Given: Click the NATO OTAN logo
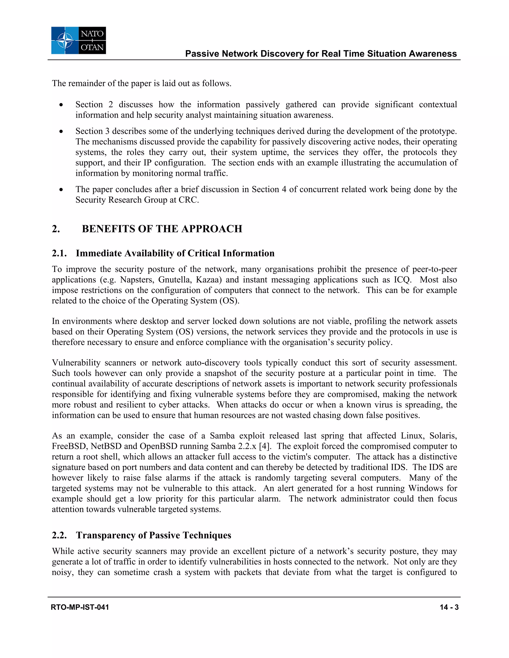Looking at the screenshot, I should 78,40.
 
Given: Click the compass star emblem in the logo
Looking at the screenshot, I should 65,41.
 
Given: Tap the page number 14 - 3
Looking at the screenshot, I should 449,607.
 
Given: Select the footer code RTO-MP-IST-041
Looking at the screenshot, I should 80,607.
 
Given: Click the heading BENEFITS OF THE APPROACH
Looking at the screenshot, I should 162,229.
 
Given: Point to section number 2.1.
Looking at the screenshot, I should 59,253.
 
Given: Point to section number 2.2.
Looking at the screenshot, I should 59,535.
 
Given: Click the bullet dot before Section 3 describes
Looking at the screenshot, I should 61,131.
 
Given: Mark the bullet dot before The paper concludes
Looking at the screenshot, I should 61,189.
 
